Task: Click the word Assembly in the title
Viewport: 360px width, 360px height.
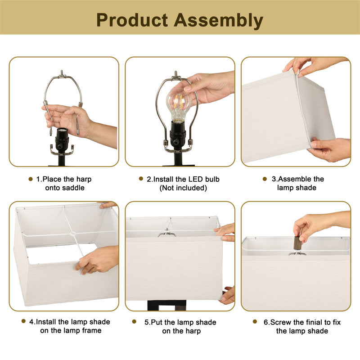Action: click(218, 21)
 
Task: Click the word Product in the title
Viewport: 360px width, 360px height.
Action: click(132, 20)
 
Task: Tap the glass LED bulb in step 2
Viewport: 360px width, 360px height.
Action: click(179, 104)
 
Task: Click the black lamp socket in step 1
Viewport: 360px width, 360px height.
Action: click(62, 140)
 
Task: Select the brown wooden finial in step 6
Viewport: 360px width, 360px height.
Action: click(298, 243)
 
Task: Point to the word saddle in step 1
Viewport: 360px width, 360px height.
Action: click(74, 188)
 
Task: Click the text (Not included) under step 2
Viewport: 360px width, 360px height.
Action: click(183, 188)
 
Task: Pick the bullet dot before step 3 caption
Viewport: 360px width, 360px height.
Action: click(265, 179)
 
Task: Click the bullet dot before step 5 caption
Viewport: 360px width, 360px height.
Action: click(134, 322)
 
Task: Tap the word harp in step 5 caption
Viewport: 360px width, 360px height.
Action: click(193, 331)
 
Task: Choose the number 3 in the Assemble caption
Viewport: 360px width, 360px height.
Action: click(274, 179)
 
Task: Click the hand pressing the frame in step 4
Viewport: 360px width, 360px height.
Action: click(99, 260)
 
